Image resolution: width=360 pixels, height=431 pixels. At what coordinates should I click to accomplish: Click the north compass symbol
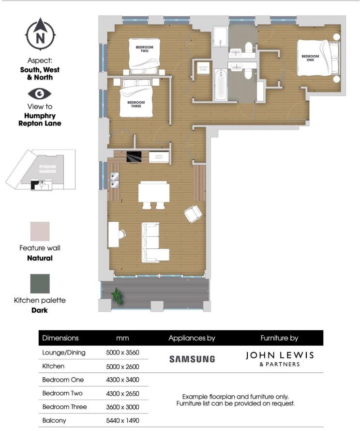(40, 35)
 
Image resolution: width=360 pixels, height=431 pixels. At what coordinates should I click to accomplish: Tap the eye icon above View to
(40, 93)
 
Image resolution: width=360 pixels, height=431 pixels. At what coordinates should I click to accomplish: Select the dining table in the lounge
(154, 192)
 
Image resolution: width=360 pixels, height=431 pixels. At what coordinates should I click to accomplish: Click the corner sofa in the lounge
(154, 243)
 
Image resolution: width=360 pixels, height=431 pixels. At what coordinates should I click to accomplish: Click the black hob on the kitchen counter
(134, 156)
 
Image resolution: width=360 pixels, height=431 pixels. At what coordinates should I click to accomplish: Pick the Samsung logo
(192, 359)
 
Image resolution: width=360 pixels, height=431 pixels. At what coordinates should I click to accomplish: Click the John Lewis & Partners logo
(280, 358)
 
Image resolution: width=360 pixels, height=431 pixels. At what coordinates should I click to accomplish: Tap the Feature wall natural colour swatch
(40, 231)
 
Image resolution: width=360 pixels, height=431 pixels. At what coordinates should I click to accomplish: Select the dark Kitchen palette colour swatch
(40, 283)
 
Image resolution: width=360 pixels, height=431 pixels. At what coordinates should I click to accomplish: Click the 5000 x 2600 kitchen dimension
(122, 366)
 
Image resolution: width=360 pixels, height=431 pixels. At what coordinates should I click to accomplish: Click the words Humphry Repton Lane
(43, 120)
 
